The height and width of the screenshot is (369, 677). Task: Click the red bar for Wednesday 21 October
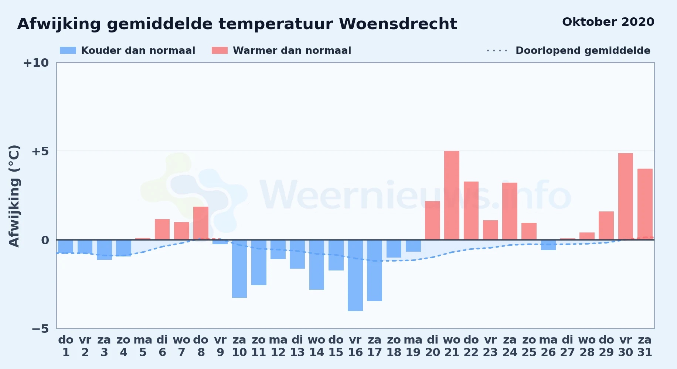point(452,195)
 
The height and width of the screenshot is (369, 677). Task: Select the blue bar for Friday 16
point(355,275)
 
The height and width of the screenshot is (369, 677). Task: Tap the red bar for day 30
point(626,196)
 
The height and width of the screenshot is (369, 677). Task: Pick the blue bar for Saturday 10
point(239,269)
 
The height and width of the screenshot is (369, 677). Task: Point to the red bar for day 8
point(201,223)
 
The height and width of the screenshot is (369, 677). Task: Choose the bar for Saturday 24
point(510,211)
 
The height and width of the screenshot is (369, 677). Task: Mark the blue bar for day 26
point(548,245)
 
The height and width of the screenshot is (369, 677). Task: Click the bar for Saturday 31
point(645,204)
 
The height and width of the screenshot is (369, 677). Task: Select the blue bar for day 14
point(317,265)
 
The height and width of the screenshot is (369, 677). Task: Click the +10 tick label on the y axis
point(36,63)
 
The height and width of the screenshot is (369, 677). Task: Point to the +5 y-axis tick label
point(40,151)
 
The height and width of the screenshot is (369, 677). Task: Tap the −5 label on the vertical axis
point(40,328)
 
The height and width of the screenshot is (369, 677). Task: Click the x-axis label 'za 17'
point(374,346)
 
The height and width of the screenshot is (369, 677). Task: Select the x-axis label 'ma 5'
point(143,346)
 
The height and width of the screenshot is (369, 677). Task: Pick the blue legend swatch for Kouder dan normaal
point(68,51)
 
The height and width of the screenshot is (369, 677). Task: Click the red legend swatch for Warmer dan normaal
point(220,51)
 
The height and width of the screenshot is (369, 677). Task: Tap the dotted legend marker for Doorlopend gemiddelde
point(497,51)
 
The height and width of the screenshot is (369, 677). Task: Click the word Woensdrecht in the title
point(398,24)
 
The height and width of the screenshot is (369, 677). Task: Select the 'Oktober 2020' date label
point(608,22)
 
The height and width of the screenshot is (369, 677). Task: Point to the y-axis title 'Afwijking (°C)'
point(14,196)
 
